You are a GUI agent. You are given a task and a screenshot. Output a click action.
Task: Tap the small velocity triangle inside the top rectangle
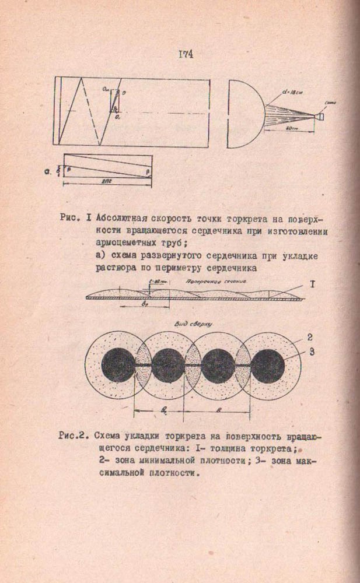tap(116, 100)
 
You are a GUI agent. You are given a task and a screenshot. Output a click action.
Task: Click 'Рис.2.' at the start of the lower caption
tap(74, 435)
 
